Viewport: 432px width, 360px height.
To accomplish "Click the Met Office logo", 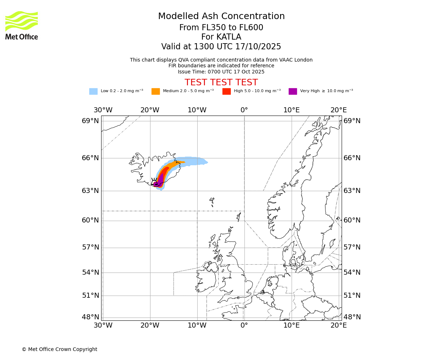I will pos(22,25).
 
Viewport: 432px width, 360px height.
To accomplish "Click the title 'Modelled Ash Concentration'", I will pos(221,17).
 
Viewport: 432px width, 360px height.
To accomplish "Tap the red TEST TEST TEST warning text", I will pos(221,82).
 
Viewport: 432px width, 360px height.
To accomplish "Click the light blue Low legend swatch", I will pos(93,91).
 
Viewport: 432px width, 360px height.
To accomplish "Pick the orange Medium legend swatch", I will pos(156,91).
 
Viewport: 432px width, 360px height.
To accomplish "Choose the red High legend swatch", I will pos(226,91).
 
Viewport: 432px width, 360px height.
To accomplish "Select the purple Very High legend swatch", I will pos(293,91).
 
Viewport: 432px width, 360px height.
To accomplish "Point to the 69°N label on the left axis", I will pos(90,121).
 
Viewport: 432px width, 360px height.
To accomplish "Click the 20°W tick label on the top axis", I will pos(150,110).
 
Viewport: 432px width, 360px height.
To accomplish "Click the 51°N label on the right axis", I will pos(352,296).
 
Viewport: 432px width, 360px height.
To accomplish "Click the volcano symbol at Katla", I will pos(154,182).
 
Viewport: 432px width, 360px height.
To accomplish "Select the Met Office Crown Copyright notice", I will pos(59,349).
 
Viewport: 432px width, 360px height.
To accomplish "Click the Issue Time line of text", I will pos(221,72).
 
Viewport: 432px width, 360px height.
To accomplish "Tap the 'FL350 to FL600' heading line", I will pos(221,28).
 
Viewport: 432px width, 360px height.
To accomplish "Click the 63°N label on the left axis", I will pos(90,190).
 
